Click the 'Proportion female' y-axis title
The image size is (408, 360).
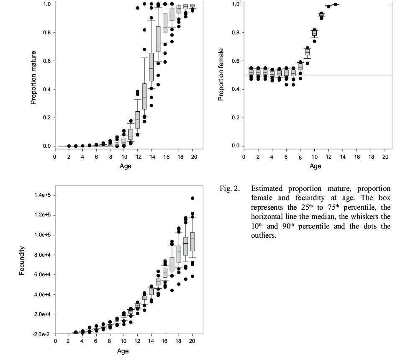221,75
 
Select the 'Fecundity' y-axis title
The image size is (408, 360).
23,261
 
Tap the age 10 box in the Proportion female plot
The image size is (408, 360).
314,33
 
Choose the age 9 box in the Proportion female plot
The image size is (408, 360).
307,52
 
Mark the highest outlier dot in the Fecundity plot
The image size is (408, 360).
192,198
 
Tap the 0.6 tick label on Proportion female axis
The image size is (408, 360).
236,61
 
